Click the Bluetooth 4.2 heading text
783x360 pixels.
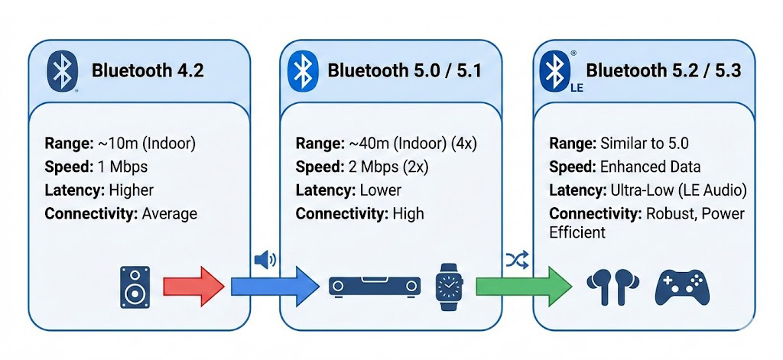pyautogui.click(x=148, y=71)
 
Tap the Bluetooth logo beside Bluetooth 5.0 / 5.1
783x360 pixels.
pyautogui.click(x=302, y=71)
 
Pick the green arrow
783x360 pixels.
pyautogui.click(x=523, y=287)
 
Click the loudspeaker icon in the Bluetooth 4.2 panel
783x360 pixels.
pyautogui.click(x=135, y=287)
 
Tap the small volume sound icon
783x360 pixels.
pyautogui.click(x=265, y=260)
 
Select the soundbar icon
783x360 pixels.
pyautogui.click(x=375, y=287)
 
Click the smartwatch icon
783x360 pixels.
pyautogui.click(x=450, y=286)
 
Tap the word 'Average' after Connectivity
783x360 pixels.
pyautogui.click(x=170, y=213)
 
